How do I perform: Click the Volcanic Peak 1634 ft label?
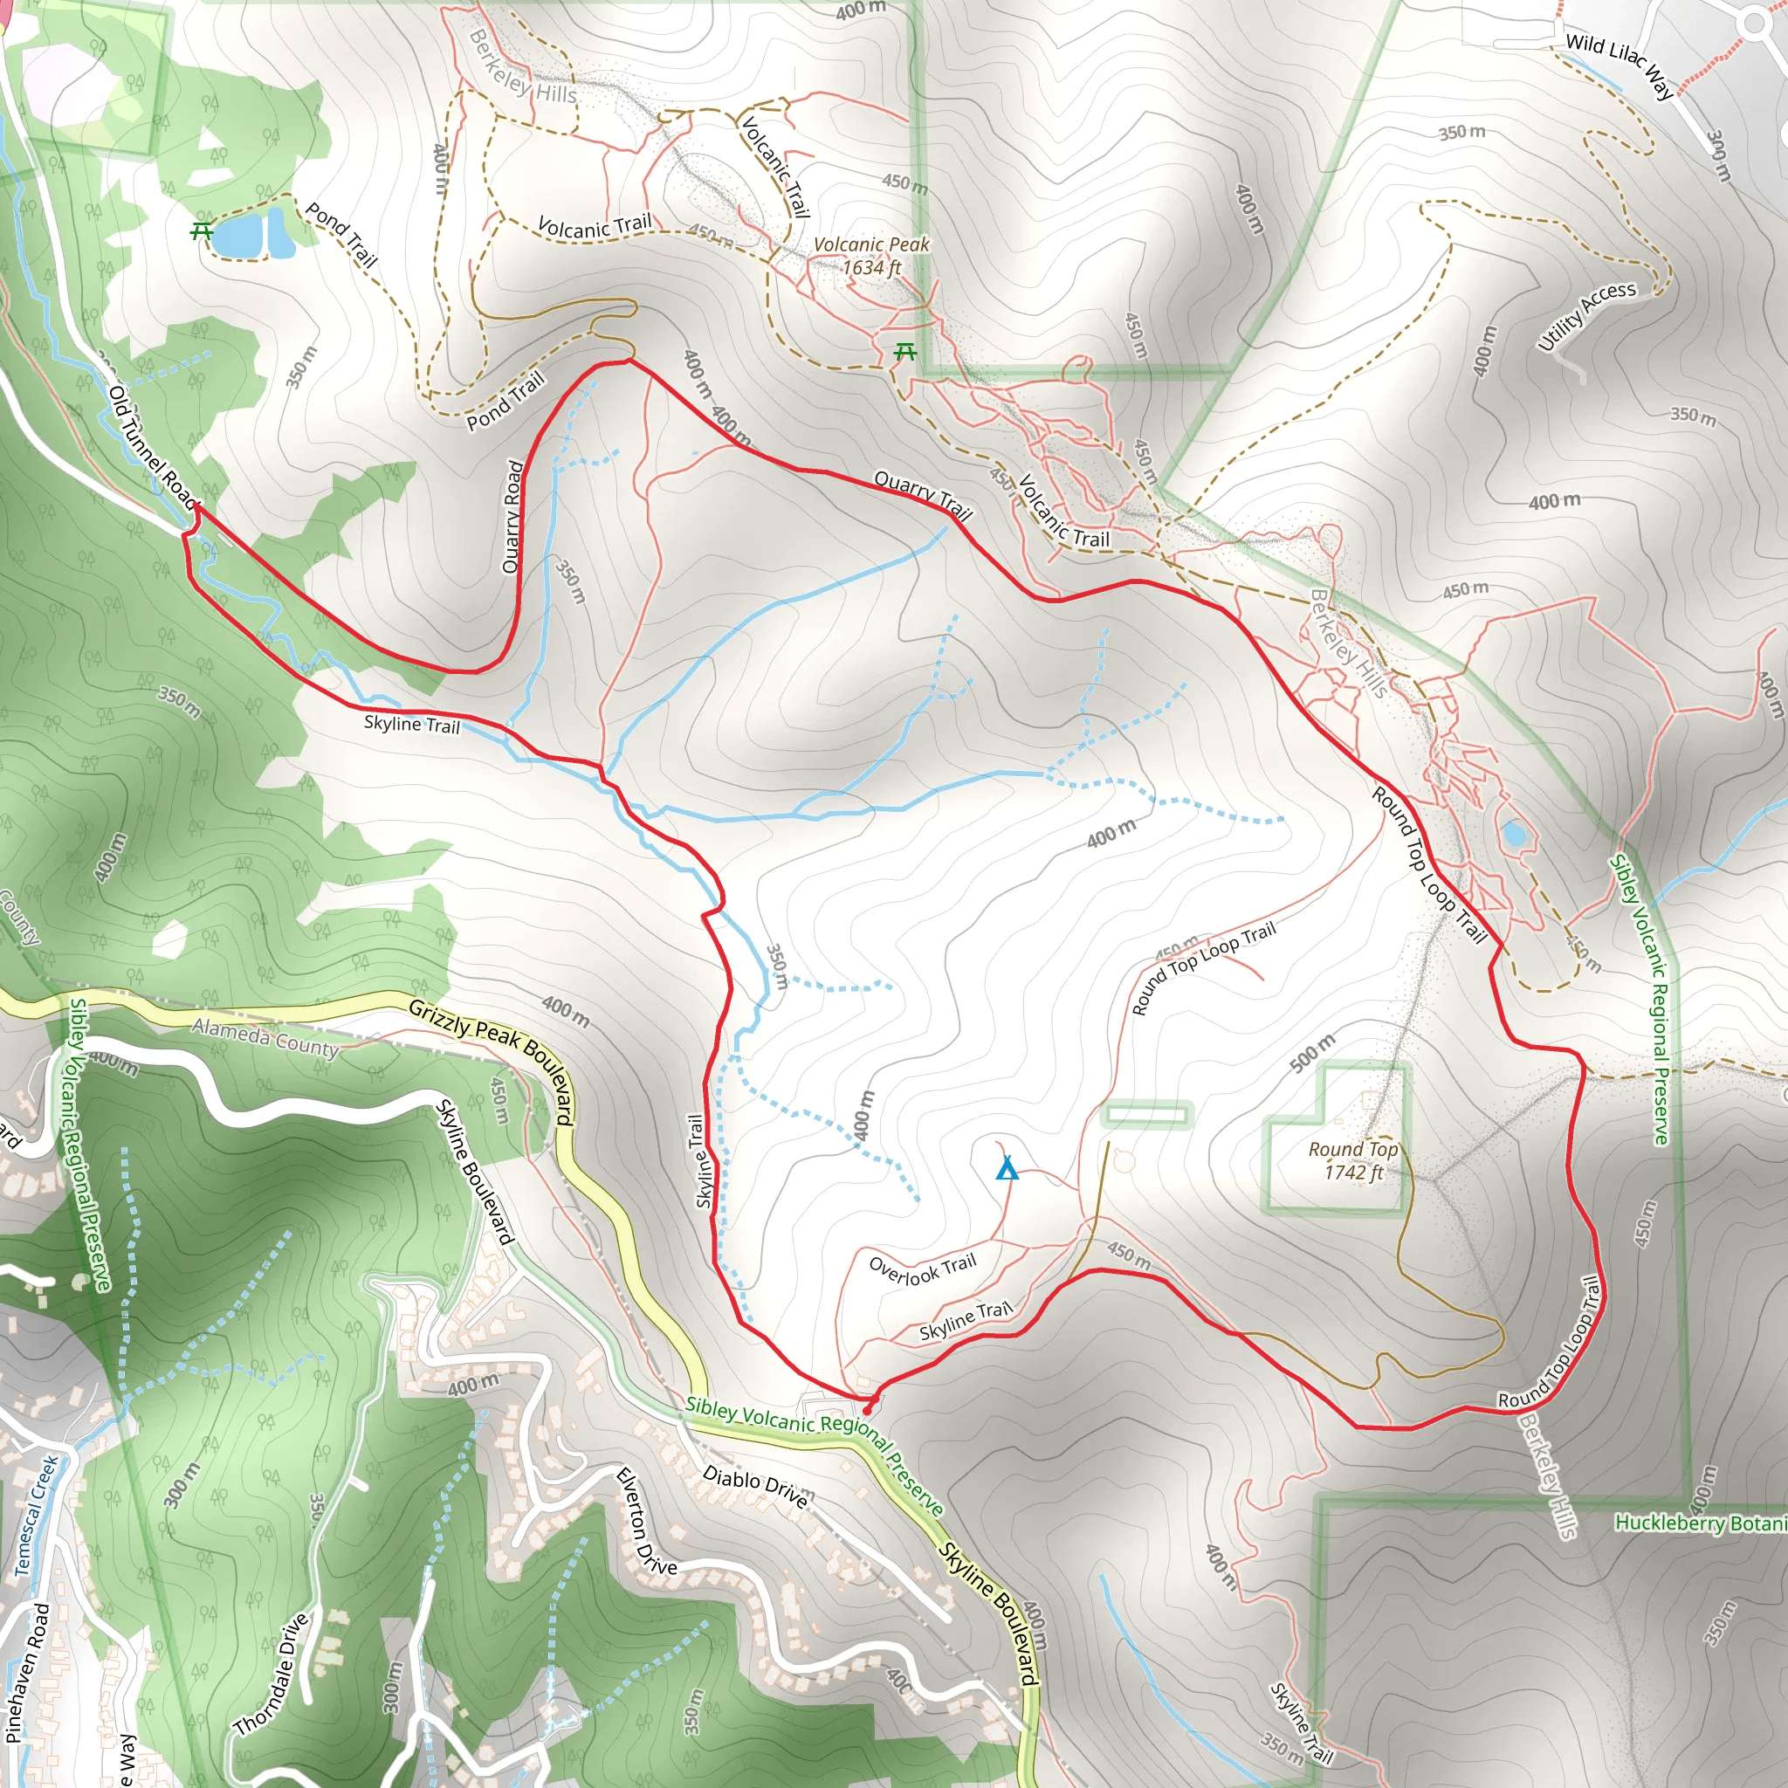(x=870, y=257)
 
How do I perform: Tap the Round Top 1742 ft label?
(x=1352, y=1160)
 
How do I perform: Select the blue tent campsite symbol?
(x=1007, y=1168)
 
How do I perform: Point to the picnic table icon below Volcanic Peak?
(x=905, y=352)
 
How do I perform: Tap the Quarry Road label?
(x=512, y=517)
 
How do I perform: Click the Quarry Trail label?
(x=923, y=494)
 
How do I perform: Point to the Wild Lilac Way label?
(x=1620, y=64)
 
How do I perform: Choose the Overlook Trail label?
(x=923, y=1269)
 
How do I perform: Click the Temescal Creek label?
(x=36, y=1516)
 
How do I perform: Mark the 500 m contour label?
(x=1312, y=1053)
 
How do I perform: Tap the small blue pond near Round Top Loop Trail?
(x=1513, y=834)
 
